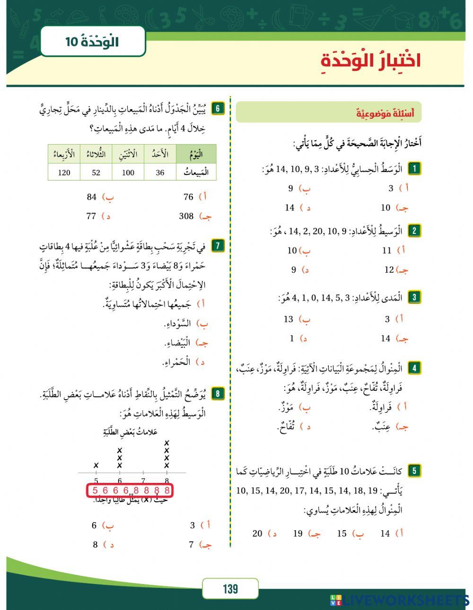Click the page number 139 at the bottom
click(230, 589)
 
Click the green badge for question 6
click(218, 108)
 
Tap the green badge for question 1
click(414, 168)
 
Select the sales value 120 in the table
click(64, 172)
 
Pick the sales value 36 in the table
click(160, 172)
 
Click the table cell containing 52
click(96, 172)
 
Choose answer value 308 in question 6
click(186, 216)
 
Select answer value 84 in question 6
click(92, 197)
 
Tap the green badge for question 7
click(218, 246)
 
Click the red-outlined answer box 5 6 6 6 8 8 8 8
click(130, 490)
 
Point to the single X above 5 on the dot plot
click(96, 465)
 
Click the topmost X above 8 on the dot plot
click(166, 443)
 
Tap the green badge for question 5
click(414, 471)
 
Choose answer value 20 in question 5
click(257, 533)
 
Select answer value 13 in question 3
click(289, 319)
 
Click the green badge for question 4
click(414, 368)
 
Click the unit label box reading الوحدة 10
click(92, 42)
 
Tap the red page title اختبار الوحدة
click(371, 61)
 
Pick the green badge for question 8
click(218, 394)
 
